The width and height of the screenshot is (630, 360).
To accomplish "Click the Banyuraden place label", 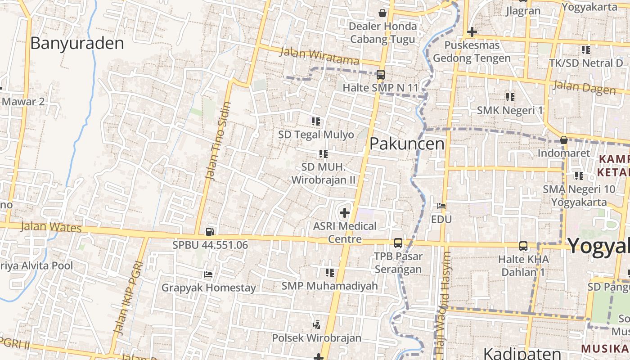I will pyautogui.click(x=77, y=43).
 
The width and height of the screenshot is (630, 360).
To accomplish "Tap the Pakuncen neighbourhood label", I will pyautogui.click(x=407, y=144).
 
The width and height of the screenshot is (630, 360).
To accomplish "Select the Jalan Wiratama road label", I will pyautogui.click(x=319, y=56).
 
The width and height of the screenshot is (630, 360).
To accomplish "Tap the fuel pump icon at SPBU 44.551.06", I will pyautogui.click(x=210, y=232).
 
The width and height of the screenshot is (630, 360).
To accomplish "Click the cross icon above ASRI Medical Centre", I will pyautogui.click(x=345, y=212).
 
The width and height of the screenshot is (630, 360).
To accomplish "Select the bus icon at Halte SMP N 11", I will pyautogui.click(x=380, y=75).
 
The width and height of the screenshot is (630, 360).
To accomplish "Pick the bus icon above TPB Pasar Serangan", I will pyautogui.click(x=398, y=243).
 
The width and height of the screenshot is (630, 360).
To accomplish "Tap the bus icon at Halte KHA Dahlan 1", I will pyautogui.click(x=523, y=246).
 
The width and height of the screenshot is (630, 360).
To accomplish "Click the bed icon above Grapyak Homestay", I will pyautogui.click(x=208, y=274).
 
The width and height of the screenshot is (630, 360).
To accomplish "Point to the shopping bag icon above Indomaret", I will pyautogui.click(x=563, y=140).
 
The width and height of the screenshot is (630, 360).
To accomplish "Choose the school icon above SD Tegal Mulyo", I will pyautogui.click(x=316, y=121).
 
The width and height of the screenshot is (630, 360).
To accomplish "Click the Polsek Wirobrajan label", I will pyautogui.click(x=316, y=337).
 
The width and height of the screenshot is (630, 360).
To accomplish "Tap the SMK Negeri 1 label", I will pyautogui.click(x=510, y=110).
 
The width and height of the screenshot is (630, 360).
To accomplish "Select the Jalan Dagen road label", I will pyautogui.click(x=584, y=87).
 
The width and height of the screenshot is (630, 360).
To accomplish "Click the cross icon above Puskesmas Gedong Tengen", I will pyautogui.click(x=472, y=32).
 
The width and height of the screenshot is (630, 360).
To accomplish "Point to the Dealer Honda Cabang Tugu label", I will pyautogui.click(x=382, y=33).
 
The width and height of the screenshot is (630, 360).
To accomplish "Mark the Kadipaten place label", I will pyautogui.click(x=522, y=353).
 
